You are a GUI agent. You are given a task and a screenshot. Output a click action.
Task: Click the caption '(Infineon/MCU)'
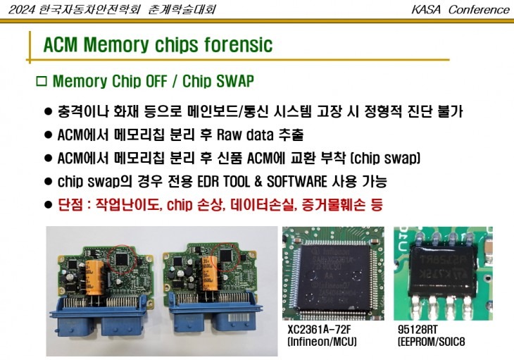322,342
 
